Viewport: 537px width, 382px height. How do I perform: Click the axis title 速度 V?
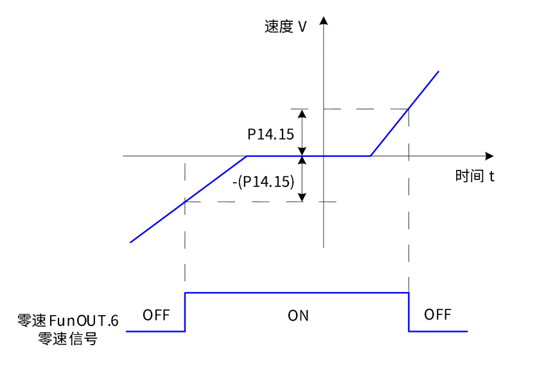[285, 27]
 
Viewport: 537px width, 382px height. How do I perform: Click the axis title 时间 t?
[475, 176]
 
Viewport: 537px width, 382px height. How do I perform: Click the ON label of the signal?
[298, 316]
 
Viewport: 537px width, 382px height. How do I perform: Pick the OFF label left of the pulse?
[156, 315]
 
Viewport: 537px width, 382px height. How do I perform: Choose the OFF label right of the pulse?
[437, 315]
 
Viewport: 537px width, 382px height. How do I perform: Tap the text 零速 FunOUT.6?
[68, 320]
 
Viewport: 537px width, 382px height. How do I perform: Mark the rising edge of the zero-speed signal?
[185, 312]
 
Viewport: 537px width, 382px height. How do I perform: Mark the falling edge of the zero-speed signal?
[409, 312]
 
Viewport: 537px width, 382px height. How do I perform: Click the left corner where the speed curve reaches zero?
[247, 156]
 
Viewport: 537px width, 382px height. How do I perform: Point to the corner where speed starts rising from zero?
[370, 156]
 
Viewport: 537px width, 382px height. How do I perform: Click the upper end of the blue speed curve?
[438, 71]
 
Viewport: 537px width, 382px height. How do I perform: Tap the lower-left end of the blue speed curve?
[131, 242]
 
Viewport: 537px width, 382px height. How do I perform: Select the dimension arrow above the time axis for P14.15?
[303, 132]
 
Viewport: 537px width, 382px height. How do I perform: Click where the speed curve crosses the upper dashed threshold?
[409, 109]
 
